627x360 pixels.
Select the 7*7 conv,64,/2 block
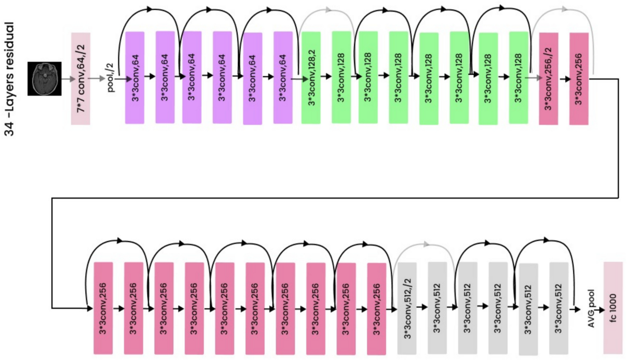81,78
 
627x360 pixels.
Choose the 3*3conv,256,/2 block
549,78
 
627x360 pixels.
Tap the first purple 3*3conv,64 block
134,77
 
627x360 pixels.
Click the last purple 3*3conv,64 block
283,77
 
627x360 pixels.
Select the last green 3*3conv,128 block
518,77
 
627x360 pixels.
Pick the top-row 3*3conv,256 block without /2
579,78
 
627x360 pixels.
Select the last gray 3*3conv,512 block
559,308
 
